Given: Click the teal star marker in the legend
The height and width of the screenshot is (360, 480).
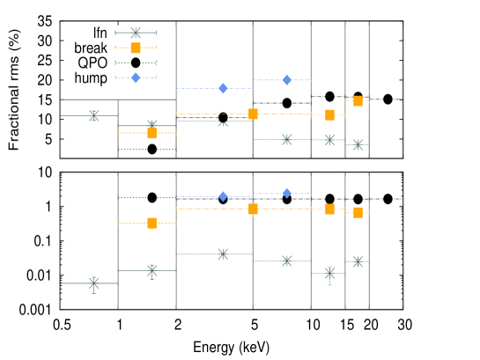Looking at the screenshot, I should point(136,33).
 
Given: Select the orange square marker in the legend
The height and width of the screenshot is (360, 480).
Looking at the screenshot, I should point(136,48).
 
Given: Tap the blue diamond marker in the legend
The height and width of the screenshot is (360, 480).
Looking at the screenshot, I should point(136,77).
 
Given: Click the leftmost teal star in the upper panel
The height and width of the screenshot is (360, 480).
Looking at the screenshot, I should point(93,115).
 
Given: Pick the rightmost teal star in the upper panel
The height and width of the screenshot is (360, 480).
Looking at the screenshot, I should point(358,144).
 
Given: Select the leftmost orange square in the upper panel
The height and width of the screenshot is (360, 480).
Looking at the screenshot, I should point(151,133).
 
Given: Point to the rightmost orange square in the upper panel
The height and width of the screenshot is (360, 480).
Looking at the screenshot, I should point(358,101).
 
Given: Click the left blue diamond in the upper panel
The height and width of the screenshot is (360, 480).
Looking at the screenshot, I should point(223,88).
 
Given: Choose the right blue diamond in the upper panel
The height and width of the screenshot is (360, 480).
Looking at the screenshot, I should point(286,80).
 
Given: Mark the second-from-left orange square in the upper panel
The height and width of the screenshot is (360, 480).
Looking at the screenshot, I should point(253,114).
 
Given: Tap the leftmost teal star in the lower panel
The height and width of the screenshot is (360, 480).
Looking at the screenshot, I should point(93,283).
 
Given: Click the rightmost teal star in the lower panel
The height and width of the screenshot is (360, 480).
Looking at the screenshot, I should point(358,261).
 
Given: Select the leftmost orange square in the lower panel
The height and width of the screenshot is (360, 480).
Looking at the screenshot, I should point(151,223).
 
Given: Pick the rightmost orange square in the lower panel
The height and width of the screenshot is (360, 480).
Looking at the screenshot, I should point(358,212).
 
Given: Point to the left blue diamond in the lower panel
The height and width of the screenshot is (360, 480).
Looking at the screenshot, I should point(223,196).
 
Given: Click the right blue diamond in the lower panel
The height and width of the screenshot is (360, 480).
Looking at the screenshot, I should point(286,193).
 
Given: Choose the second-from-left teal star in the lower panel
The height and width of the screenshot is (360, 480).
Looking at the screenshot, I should point(151,270).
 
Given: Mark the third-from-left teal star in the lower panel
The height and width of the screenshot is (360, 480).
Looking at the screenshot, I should point(223,253).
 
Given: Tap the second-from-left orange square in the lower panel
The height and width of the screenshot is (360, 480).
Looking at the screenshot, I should point(253,209).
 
